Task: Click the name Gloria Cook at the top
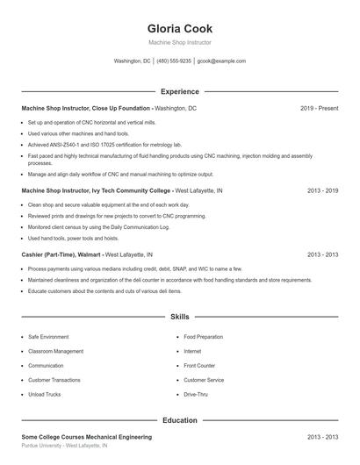click(x=180, y=29)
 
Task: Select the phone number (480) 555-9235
click(x=174, y=61)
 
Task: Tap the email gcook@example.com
click(x=221, y=61)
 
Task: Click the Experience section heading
click(x=180, y=91)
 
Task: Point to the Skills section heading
click(x=180, y=317)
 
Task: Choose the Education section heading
click(x=180, y=420)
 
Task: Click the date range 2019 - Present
click(x=319, y=108)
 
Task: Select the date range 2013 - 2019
click(x=322, y=190)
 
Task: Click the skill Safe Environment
click(x=48, y=337)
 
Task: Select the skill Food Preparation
click(x=203, y=337)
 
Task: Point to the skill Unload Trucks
click(x=44, y=395)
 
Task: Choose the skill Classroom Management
click(x=56, y=351)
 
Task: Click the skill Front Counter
click(x=199, y=366)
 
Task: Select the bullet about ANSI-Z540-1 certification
click(x=104, y=144)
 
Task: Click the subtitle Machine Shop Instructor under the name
click(x=180, y=42)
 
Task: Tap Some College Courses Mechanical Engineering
click(x=86, y=437)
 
